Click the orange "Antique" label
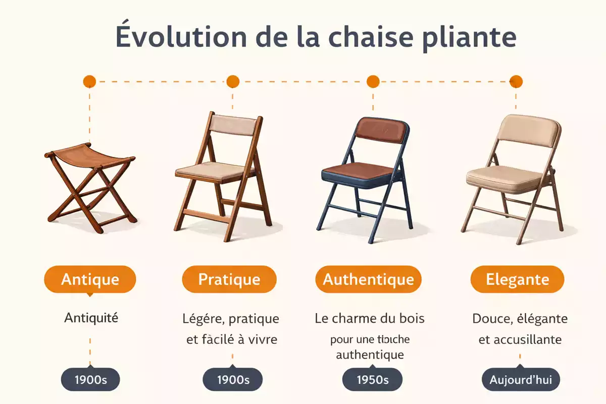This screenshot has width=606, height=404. point(90,279)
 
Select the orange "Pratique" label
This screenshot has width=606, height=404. point(229,279)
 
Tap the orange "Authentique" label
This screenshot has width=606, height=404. point(368,279)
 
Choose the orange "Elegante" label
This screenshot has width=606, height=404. point(517,279)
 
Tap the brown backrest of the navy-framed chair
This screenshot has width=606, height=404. point(375,131)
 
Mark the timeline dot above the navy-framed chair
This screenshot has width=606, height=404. point(373,81)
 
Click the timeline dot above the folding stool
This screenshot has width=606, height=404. point(89,81)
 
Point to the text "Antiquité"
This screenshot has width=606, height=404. point(91,318)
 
